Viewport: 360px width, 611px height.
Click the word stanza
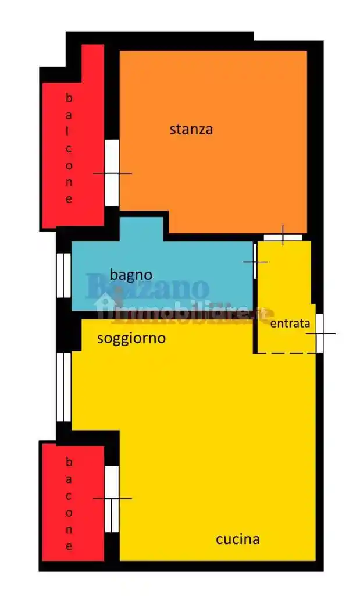(x=191, y=129)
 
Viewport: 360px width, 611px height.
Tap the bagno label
(x=131, y=274)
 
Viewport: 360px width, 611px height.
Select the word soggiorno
(x=131, y=338)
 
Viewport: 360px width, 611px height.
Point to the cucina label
(x=237, y=539)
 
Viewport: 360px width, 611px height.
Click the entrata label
(x=290, y=324)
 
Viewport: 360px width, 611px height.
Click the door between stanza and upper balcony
(x=112, y=173)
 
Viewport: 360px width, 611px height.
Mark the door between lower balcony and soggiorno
(x=112, y=499)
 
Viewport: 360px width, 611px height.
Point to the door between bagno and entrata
(x=255, y=261)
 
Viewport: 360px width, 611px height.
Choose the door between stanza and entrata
(x=283, y=237)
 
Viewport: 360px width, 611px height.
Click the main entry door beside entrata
(x=319, y=333)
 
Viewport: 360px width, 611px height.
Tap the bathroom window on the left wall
(x=63, y=275)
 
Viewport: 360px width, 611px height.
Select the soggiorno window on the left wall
(x=63, y=387)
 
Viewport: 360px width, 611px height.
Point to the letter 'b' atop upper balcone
(x=69, y=97)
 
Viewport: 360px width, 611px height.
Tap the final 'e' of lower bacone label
(x=69, y=546)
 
